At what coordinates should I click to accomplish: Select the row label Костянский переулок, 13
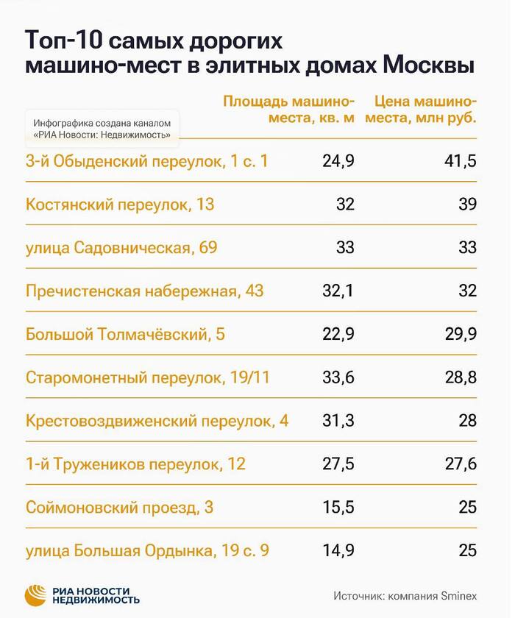pos(120,205)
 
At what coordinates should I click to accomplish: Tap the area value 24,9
pos(338,161)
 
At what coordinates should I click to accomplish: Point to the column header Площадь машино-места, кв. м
pos(289,110)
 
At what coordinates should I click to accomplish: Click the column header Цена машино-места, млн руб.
pos(426,110)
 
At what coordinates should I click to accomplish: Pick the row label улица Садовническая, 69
pos(121,248)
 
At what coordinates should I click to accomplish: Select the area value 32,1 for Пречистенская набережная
pos(338,291)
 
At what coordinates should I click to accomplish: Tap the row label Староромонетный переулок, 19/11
pos(148,378)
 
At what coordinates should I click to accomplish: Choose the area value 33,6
pos(338,378)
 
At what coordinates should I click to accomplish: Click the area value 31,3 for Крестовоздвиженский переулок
pos(338,422)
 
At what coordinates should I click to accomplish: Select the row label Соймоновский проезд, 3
pos(119,508)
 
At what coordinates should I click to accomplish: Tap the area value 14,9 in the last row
pos(338,551)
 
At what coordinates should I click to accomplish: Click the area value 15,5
pos(338,508)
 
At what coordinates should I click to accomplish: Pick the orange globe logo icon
pos(37,594)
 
